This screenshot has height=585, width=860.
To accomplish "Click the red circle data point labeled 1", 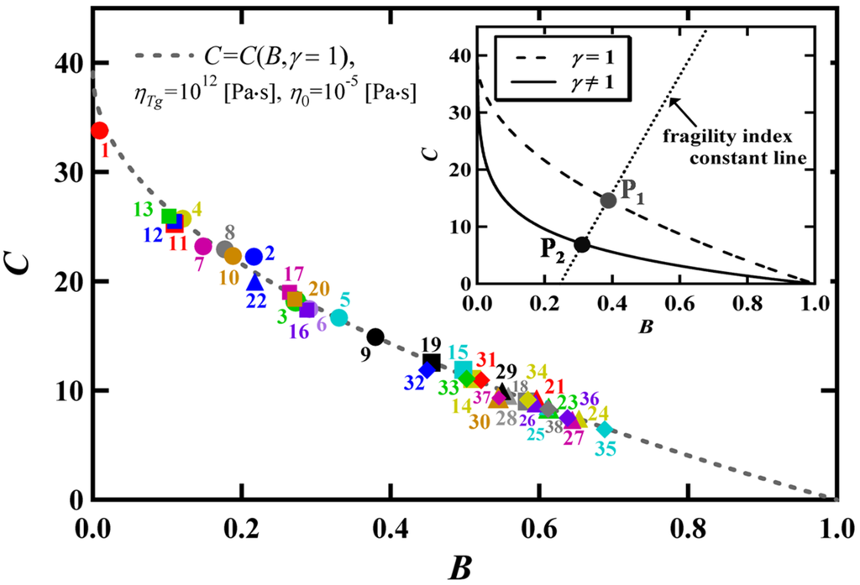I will (99, 130).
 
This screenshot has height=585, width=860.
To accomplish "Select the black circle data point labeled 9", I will (375, 337).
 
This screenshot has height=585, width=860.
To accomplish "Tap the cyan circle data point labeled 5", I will (338, 317).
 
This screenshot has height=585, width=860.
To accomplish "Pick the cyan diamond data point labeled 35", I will (605, 429).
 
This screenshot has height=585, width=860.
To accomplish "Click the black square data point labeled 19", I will (432, 362).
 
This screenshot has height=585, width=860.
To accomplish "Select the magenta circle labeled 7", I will (203, 246).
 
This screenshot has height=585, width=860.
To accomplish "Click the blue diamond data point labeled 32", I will (427, 368).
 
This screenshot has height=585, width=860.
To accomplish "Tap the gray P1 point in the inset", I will (609, 200).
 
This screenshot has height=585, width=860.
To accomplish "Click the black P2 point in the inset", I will (582, 244).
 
